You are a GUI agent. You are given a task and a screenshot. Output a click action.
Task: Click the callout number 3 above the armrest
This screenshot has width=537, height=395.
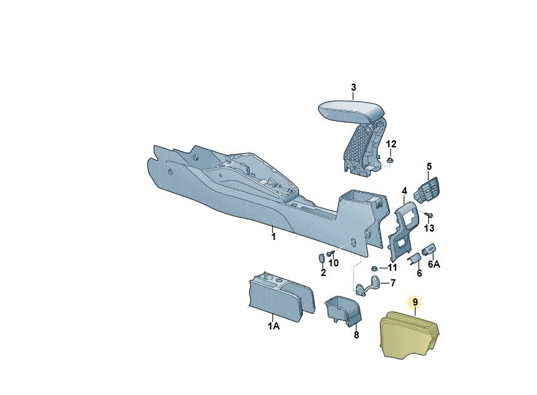tap(353, 87)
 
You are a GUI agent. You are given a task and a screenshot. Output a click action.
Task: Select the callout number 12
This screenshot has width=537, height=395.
tap(391, 143)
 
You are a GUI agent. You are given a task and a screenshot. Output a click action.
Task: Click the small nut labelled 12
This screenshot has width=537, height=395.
tap(390, 160)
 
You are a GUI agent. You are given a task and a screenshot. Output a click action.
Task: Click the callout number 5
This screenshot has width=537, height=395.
tap(429, 167)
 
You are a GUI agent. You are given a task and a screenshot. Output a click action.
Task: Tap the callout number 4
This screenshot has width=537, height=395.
tap(404, 191)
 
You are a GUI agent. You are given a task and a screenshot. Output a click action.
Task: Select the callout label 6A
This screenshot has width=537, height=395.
tap(434, 263)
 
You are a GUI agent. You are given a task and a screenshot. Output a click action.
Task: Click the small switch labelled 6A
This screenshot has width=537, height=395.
tap(429, 248)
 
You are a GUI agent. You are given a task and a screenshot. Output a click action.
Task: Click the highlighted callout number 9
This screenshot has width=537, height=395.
tap(415, 301)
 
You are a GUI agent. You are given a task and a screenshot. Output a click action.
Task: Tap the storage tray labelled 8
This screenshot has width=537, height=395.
tap(344, 311)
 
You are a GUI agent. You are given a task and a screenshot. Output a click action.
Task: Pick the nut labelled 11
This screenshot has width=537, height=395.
tap(373, 267)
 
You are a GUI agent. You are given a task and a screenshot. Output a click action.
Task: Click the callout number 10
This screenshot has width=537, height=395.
tap(334, 263)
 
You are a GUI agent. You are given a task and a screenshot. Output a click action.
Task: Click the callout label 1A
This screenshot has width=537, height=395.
tap(274, 327)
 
